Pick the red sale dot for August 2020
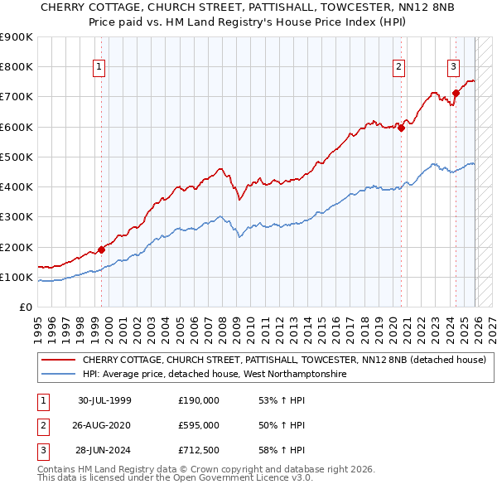coord(401,128)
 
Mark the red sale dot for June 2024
coord(456,93)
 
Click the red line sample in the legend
coord(59,361)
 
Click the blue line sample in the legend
coord(59,375)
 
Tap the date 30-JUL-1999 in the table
coord(104,400)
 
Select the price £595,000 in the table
coord(199,425)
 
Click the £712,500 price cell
coord(199,451)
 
